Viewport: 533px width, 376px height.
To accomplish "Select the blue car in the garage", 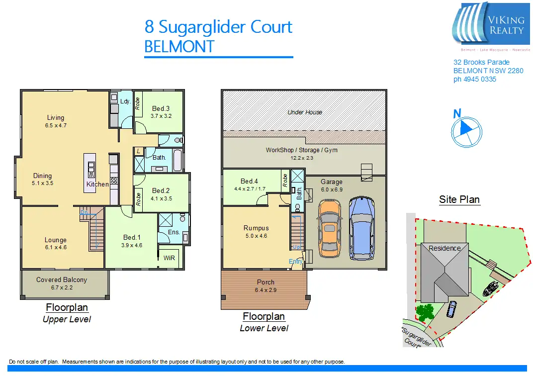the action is [x=362, y=228].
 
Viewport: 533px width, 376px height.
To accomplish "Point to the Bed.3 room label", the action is [x=161, y=109].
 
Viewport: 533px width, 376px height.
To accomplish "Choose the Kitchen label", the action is [x=97, y=185].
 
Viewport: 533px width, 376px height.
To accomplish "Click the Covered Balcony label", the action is [x=62, y=280].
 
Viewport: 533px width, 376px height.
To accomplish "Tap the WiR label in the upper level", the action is [x=169, y=258].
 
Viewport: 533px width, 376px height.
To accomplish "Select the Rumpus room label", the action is [x=256, y=228].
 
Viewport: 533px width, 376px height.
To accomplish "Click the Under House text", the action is [x=305, y=112].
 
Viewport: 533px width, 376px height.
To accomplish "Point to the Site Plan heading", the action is [x=459, y=200].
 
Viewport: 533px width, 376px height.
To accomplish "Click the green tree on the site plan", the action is [x=424, y=312].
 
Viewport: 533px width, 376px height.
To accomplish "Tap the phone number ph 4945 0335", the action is [x=475, y=79].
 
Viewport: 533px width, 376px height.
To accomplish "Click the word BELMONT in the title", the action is [x=179, y=47].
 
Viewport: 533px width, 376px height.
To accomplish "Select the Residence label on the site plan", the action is [x=444, y=248].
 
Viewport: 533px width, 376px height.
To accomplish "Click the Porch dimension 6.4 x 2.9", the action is [x=265, y=289].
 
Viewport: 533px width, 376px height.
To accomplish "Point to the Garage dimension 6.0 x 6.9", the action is [x=331, y=190].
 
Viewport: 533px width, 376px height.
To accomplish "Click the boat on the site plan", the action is [x=491, y=288].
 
